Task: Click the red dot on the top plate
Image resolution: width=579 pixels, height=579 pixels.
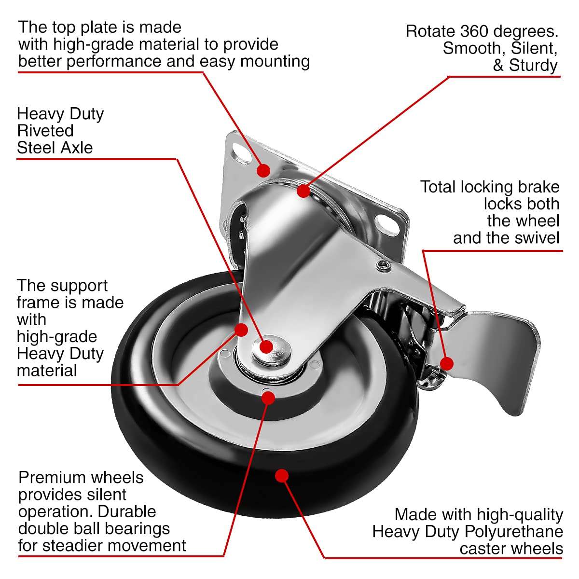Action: pos(263,170)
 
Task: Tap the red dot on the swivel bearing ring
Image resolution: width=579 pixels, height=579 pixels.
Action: pos(303,191)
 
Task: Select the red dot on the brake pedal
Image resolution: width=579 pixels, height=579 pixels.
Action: pos(447,363)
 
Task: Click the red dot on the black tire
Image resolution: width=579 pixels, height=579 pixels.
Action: pos(282,476)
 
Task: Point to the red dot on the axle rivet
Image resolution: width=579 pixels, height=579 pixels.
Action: pos(266,346)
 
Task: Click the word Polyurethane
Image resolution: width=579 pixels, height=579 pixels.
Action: pos(514,532)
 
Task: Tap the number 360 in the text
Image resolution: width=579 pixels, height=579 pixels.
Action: pos(474,31)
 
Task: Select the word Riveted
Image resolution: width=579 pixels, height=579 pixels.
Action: pos(45,131)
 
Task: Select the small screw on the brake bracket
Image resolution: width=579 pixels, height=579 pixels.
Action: pos(383,264)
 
